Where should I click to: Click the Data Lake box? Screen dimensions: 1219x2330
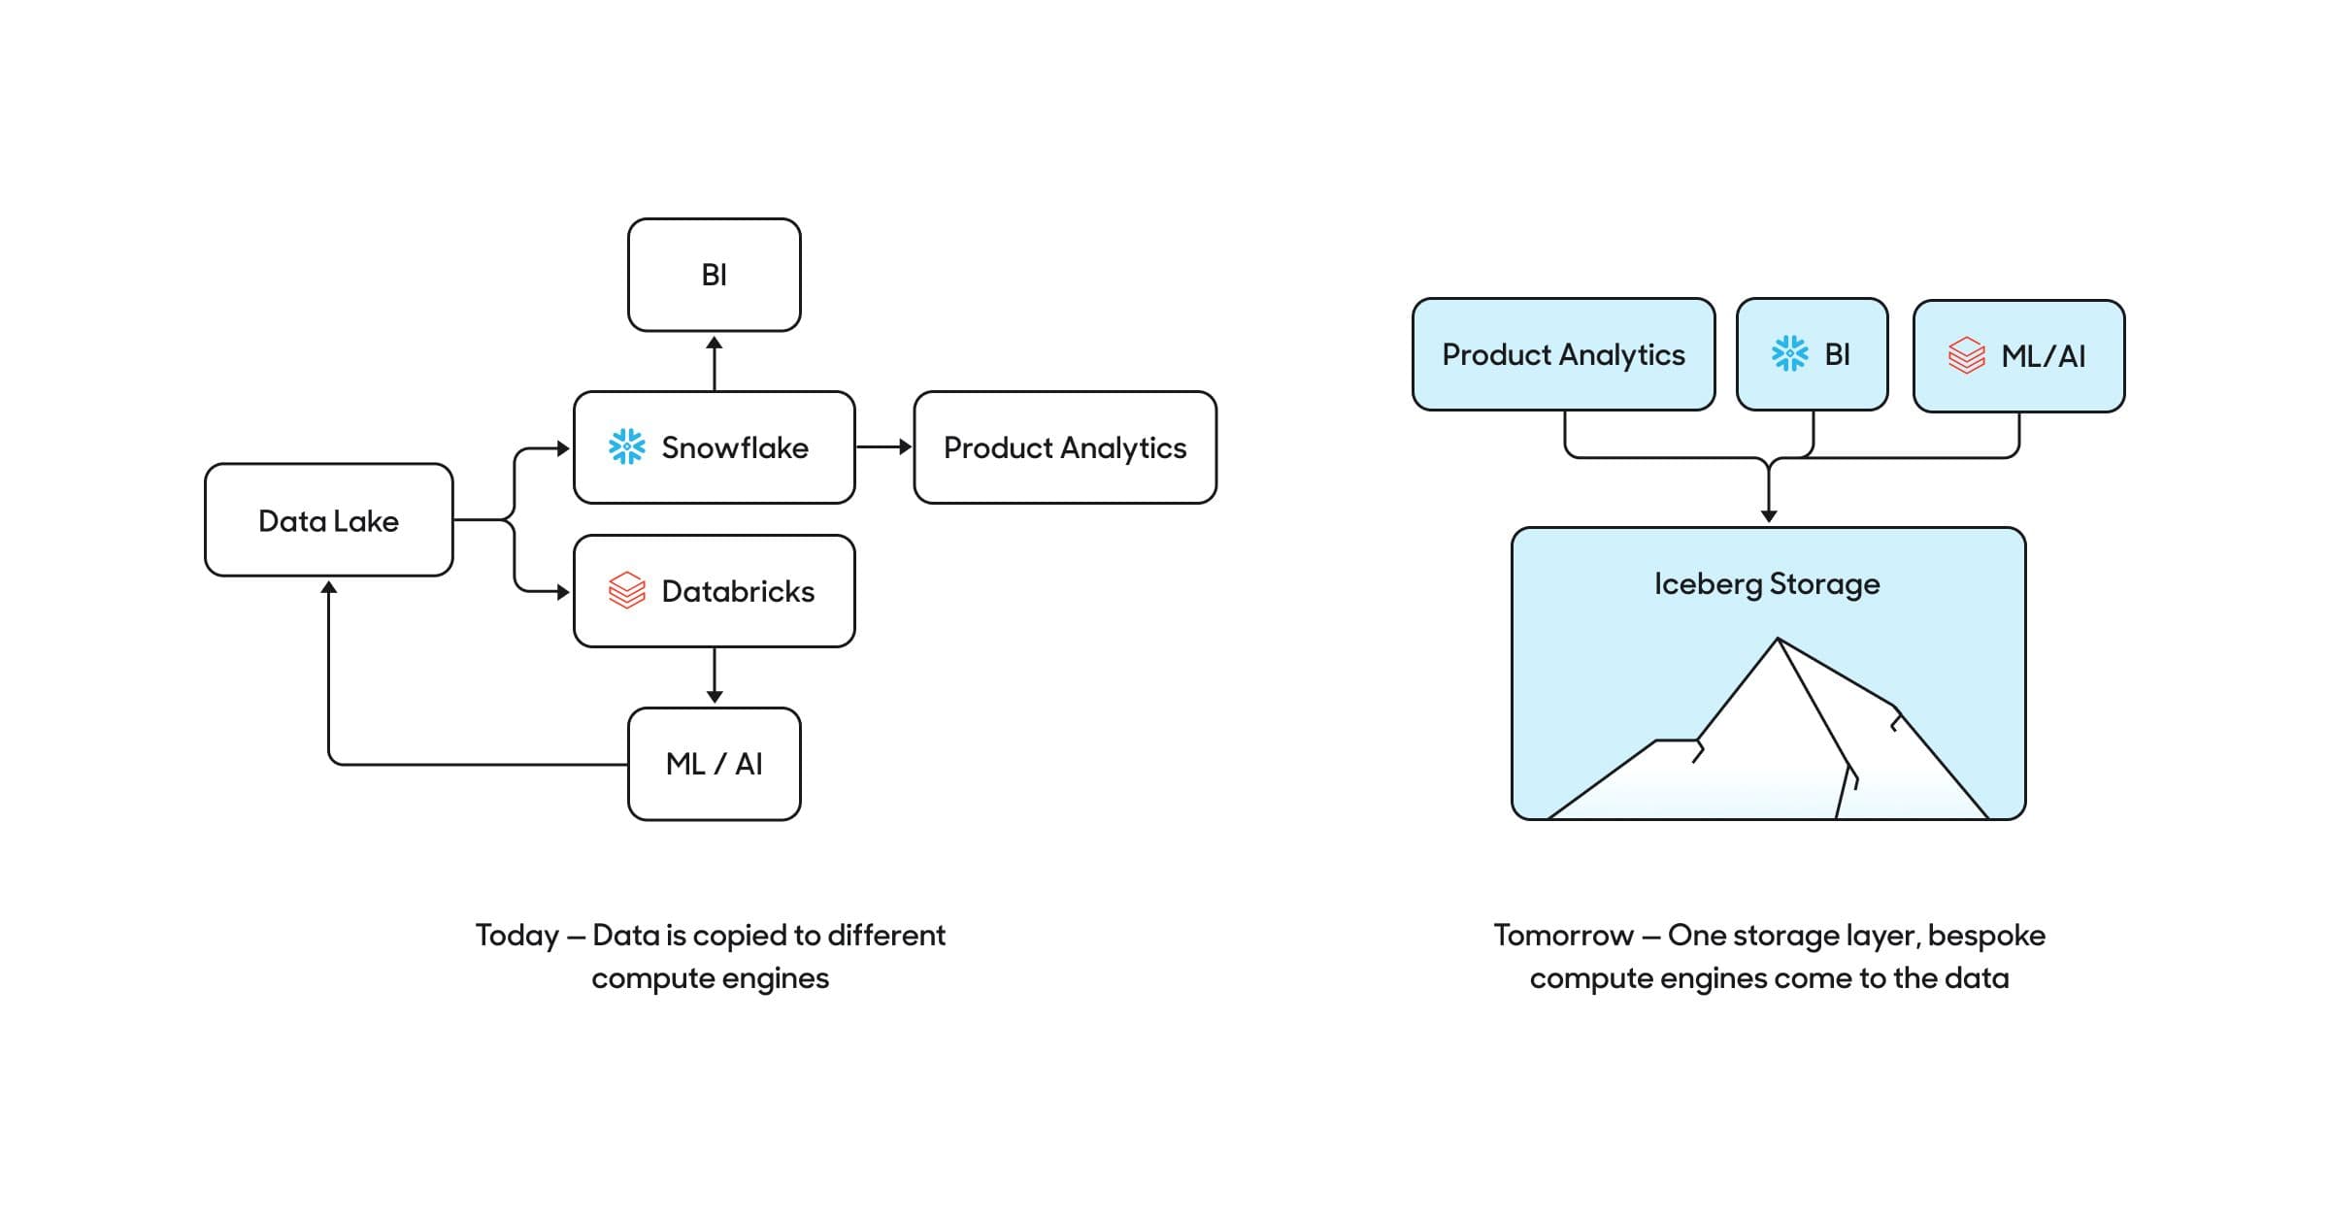click(328, 520)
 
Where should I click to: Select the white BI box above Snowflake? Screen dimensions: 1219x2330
click(714, 275)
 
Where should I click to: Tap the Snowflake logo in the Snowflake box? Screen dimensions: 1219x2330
click(626, 446)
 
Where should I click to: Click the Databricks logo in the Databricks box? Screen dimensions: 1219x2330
click(626, 590)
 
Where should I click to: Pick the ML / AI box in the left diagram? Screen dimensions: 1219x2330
click(714, 764)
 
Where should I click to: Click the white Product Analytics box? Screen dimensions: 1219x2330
click(1064, 447)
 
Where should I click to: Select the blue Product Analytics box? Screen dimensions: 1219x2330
click(1562, 354)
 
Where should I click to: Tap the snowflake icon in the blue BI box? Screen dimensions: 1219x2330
click(1789, 353)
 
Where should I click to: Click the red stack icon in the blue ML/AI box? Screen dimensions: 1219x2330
click(1966, 355)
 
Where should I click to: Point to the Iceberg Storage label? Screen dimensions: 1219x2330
click(1767, 583)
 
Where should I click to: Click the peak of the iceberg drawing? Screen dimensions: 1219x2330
click(1778, 640)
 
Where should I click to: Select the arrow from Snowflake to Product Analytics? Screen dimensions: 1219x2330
click(883, 446)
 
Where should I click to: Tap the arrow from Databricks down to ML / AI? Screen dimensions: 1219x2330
click(715, 675)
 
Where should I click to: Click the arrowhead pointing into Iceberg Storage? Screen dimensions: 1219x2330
click(1769, 515)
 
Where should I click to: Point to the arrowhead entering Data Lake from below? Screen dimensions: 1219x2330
click(329, 588)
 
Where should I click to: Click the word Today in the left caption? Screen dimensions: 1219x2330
click(516, 936)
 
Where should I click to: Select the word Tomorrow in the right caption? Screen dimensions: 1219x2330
click(1563, 936)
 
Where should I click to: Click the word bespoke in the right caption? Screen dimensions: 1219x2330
click(1986, 936)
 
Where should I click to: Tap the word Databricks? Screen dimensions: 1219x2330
click(738, 591)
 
